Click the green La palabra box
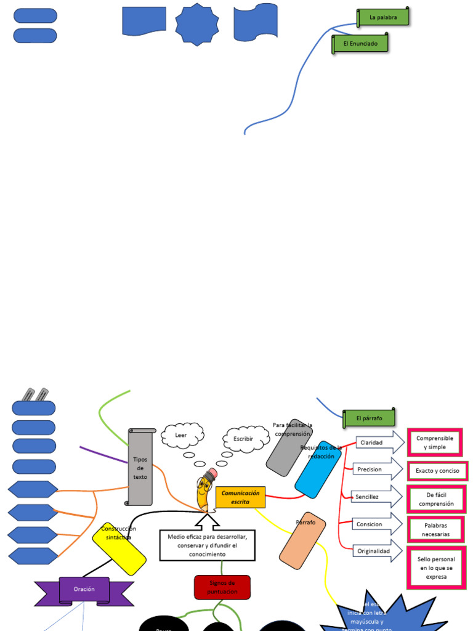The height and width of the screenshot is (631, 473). click(383, 17)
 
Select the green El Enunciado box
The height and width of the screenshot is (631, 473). click(361, 44)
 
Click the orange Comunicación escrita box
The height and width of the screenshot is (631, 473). click(240, 497)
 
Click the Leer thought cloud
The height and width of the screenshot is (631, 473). click(182, 436)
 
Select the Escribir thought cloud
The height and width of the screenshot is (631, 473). click(245, 438)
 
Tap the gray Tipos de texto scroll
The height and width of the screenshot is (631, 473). click(140, 467)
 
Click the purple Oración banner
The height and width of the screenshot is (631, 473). click(84, 590)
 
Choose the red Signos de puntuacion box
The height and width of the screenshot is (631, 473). click(222, 587)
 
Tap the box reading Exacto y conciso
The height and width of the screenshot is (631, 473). click(437, 471)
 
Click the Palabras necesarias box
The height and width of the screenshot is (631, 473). click(435, 529)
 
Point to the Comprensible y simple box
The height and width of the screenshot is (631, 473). click(434, 442)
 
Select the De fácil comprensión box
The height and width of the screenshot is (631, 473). click(436, 499)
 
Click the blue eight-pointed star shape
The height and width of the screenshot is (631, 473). click(197, 24)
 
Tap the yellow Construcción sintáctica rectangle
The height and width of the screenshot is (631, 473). click(119, 548)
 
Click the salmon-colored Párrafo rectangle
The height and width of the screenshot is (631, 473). click(302, 540)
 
